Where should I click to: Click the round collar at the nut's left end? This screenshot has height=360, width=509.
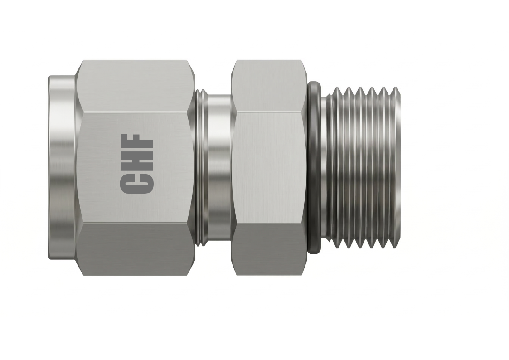62,168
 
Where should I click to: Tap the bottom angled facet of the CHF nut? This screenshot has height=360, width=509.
135,249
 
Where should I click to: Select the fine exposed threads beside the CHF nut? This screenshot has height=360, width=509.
200,168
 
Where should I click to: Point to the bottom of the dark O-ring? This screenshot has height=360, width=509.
314,248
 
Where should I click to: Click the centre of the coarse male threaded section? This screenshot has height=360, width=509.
363,168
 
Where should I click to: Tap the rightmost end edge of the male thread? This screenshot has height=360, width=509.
398,168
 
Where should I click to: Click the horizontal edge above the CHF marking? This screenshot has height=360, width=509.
135,112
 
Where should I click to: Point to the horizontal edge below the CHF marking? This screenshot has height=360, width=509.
135,223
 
